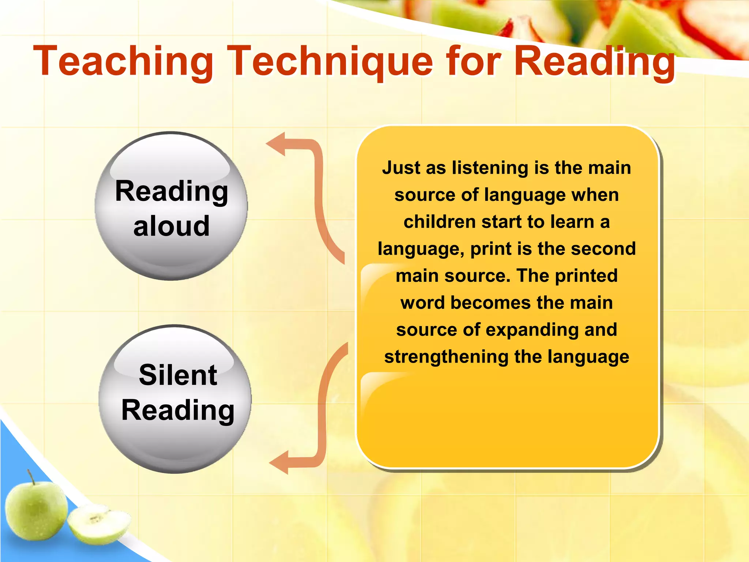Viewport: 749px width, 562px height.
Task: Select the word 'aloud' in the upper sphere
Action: coord(172,226)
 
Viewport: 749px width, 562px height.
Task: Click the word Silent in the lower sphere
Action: coord(178,375)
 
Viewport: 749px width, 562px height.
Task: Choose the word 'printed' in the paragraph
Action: coord(586,276)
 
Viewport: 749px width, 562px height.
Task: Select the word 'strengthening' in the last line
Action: coord(446,357)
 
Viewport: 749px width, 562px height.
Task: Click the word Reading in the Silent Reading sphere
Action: coord(178,411)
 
